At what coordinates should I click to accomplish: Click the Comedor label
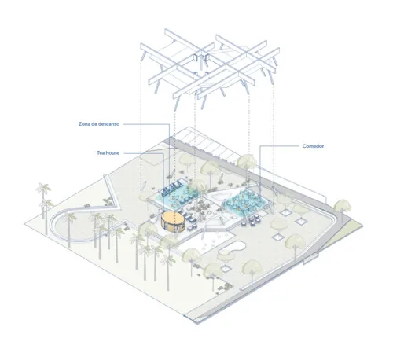(x=313, y=146)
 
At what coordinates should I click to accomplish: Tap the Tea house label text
(x=108, y=153)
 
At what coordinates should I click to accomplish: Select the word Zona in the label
(x=84, y=124)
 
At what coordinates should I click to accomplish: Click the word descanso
(x=109, y=124)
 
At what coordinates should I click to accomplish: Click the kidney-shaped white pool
(x=232, y=249)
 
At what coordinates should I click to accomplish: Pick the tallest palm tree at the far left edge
(x=43, y=195)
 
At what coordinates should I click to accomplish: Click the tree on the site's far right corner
(x=342, y=208)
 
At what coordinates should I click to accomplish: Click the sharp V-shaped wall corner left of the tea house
(x=119, y=207)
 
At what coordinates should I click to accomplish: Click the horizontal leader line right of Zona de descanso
(x=146, y=124)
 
